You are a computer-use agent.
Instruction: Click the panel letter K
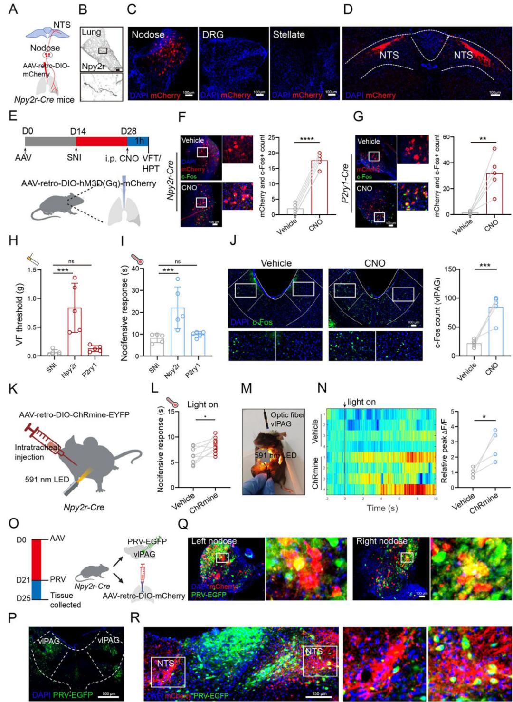pyautogui.click(x=13, y=388)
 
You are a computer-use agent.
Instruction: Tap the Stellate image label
pyautogui.click(x=289, y=35)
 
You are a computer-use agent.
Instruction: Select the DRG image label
pyautogui.click(x=212, y=35)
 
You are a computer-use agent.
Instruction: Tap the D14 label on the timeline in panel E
pyautogui.click(x=78, y=131)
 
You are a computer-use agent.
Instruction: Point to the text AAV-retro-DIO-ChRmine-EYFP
pyautogui.click(x=74, y=414)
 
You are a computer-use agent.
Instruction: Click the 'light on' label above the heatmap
pyautogui.click(x=361, y=402)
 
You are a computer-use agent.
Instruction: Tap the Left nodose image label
pyautogui.click(x=214, y=541)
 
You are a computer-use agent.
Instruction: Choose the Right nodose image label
pyautogui.click(x=381, y=541)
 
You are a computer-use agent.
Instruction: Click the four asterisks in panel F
pyautogui.click(x=307, y=139)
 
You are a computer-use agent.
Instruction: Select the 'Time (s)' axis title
pyautogui.click(x=382, y=508)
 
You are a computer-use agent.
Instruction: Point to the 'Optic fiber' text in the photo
pyautogui.click(x=287, y=415)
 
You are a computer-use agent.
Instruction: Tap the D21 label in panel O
pyautogui.click(x=23, y=580)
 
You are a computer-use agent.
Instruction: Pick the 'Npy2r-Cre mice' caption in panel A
pyautogui.click(x=44, y=100)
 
